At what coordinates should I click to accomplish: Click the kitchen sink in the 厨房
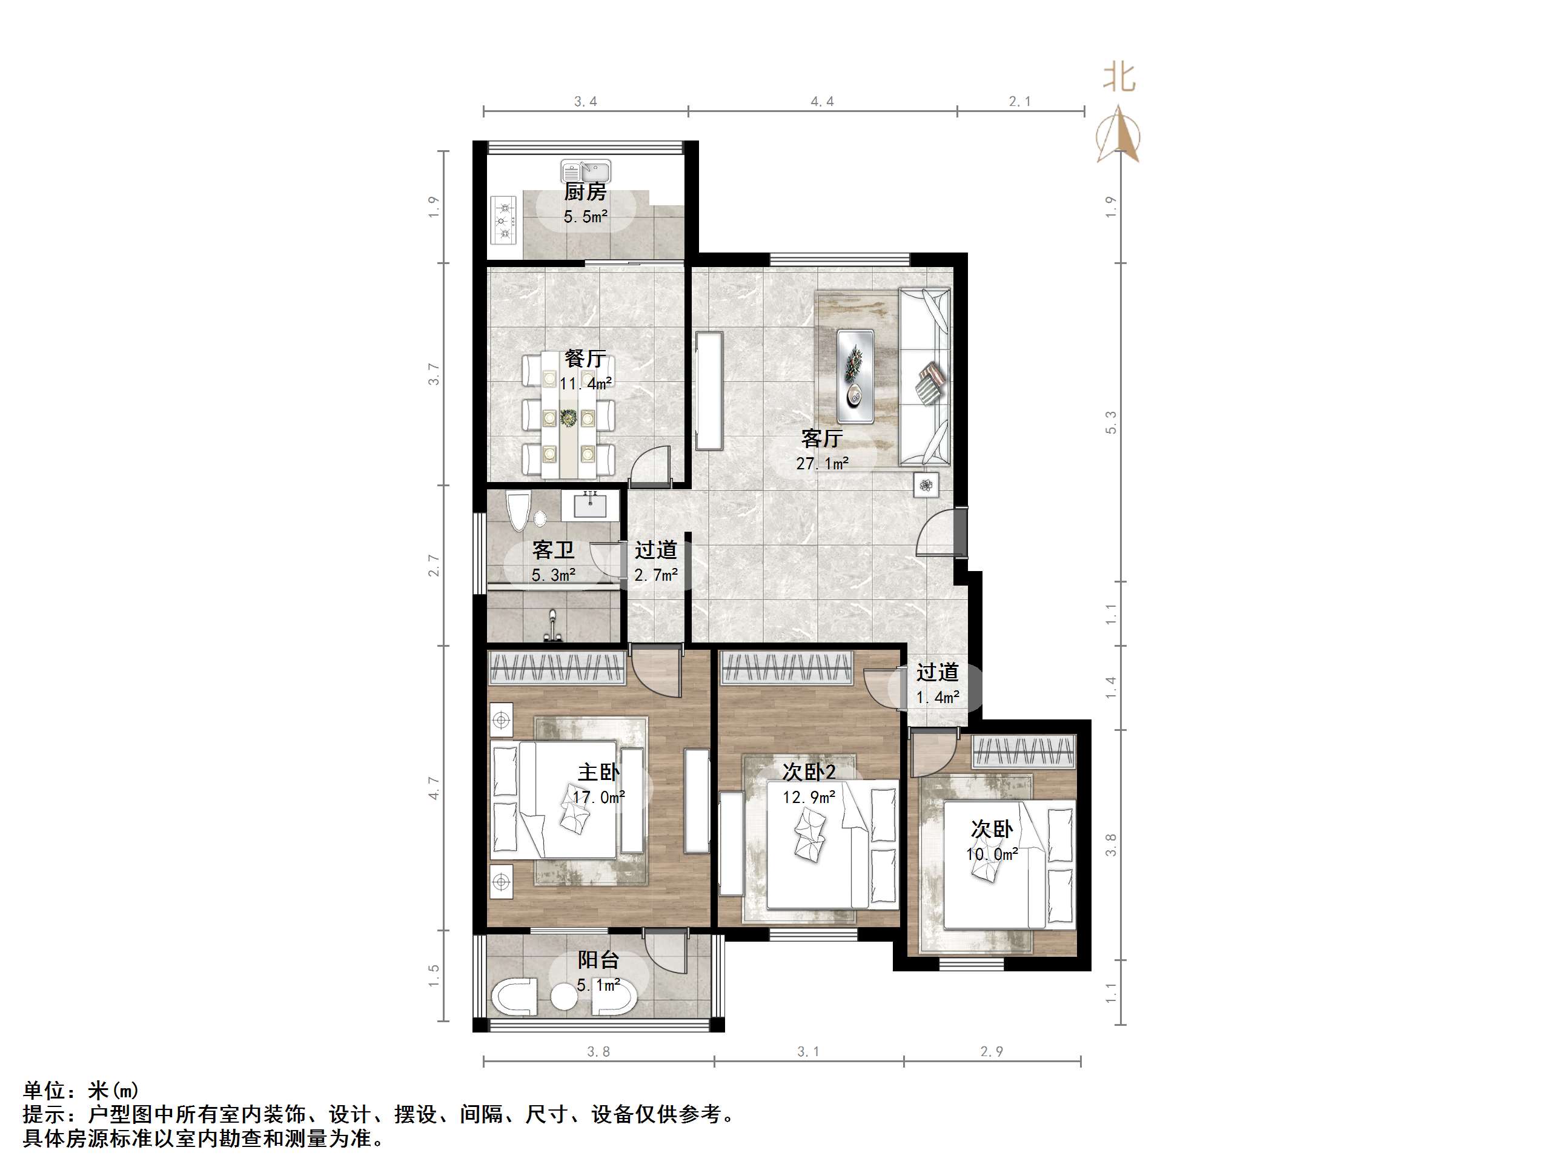(x=586, y=172)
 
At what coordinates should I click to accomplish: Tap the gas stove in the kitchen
(x=504, y=220)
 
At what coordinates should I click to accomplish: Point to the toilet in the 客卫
(x=519, y=512)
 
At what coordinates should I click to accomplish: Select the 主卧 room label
(x=599, y=772)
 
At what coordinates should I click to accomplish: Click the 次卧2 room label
(x=809, y=772)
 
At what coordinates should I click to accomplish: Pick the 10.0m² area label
(x=992, y=854)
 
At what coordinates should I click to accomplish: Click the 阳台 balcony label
(x=598, y=959)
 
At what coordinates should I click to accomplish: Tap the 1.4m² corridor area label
(x=938, y=697)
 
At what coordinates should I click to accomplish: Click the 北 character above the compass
(x=1120, y=78)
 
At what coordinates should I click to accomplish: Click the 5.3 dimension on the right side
(x=1111, y=422)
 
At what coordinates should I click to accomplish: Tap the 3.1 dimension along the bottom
(x=808, y=1051)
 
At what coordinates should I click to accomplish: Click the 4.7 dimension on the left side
(x=434, y=788)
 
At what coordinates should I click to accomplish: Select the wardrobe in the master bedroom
(x=557, y=667)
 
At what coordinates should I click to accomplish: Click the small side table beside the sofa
(x=926, y=485)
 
